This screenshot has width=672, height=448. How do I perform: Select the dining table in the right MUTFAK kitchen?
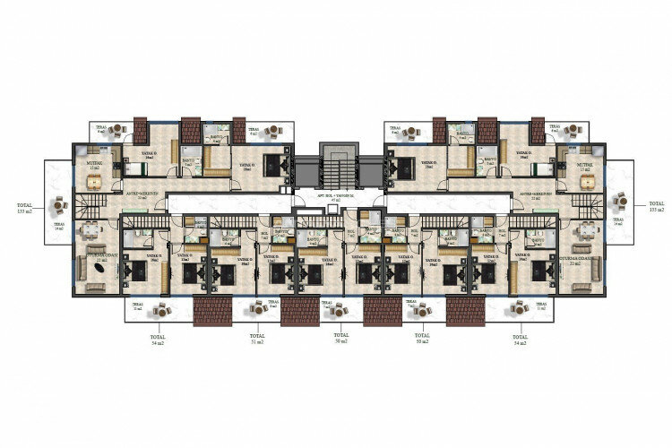(x=588, y=181)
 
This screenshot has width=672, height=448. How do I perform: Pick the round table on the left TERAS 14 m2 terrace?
(x=59, y=203)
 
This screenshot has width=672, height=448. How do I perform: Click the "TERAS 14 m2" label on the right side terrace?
(x=616, y=223)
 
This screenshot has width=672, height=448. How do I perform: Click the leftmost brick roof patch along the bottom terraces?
(x=212, y=311)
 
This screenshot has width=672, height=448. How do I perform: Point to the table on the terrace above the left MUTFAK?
(x=114, y=133)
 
